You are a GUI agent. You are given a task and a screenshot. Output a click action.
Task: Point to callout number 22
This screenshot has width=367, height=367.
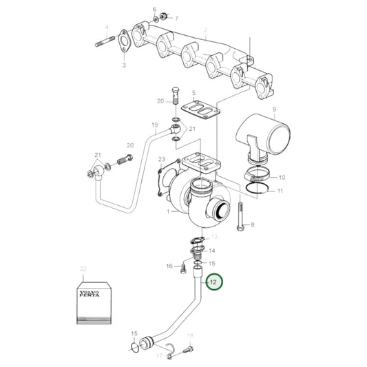(83, 268)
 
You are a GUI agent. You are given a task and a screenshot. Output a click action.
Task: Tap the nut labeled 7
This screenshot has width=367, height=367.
(163, 16)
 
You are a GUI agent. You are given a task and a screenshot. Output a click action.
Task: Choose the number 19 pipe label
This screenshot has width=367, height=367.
(155, 126)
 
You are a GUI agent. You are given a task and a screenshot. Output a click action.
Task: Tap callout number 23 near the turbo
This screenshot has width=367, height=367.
(162, 159)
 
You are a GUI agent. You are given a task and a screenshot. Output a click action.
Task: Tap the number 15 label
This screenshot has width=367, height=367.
(212, 264)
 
